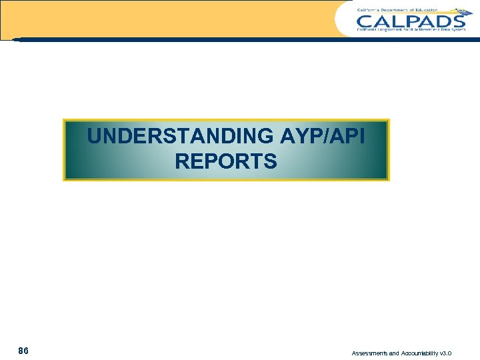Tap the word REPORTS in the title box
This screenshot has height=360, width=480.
[x=226, y=161]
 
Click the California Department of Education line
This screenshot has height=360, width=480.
[x=397, y=10]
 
